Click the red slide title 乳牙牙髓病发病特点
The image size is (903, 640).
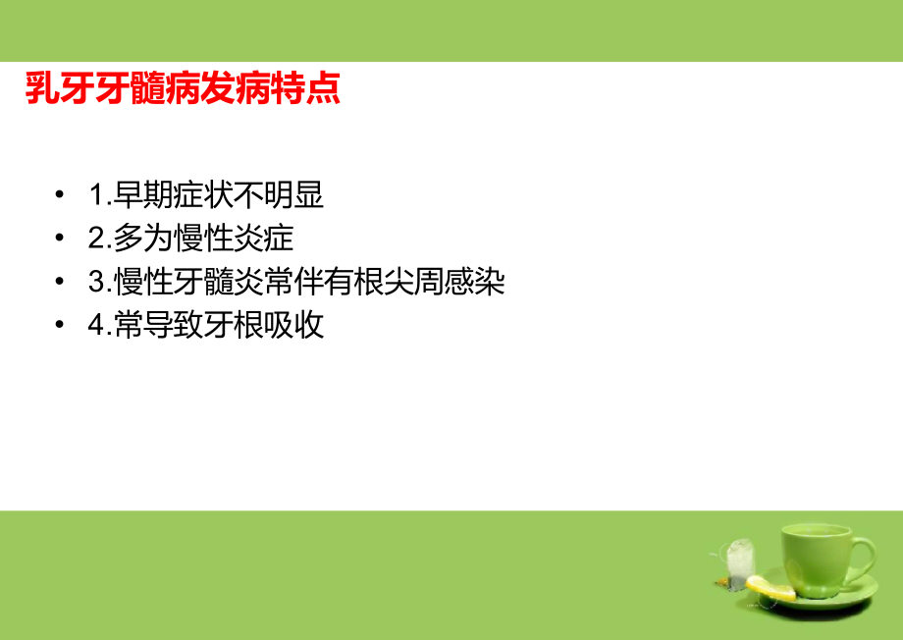(182, 88)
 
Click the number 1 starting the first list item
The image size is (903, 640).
(95, 196)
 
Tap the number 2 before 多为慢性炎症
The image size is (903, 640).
(95, 240)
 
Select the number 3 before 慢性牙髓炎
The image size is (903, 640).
(95, 283)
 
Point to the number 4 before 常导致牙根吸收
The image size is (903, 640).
(95, 326)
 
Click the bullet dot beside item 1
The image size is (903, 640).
(61, 196)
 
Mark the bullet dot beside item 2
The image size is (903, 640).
(61, 240)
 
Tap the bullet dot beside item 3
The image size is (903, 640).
(61, 283)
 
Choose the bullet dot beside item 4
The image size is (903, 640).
(61, 326)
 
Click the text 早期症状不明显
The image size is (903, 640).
(218, 196)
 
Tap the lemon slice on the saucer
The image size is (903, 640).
(770, 588)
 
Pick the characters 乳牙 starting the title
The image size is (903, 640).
(58, 88)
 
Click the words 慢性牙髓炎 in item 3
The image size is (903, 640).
(178, 283)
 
